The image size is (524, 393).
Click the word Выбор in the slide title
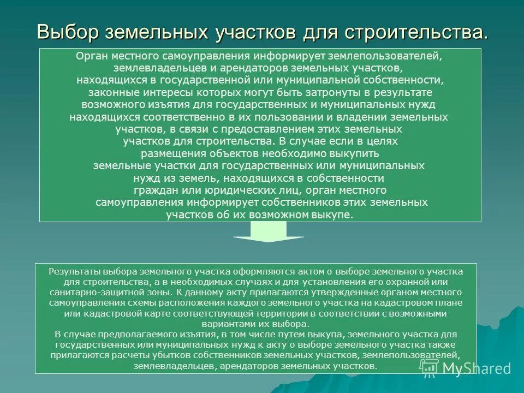pos(68,32)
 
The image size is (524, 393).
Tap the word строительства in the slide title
pos(415,32)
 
